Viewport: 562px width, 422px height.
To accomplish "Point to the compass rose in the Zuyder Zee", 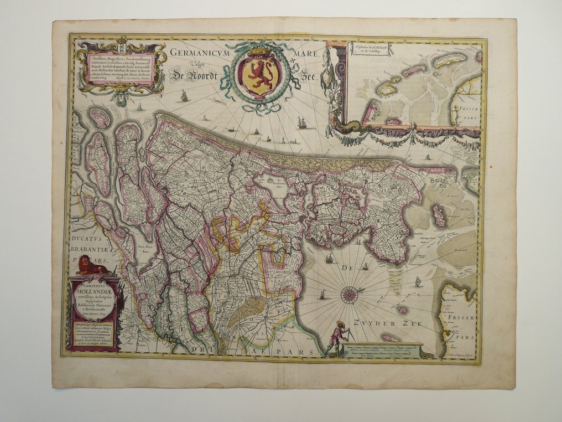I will (x=349, y=295).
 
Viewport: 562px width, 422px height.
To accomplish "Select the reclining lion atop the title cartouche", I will (x=91, y=266).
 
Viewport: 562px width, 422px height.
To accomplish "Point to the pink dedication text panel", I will (x=120, y=68).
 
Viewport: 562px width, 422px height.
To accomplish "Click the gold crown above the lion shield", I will (x=259, y=51).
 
